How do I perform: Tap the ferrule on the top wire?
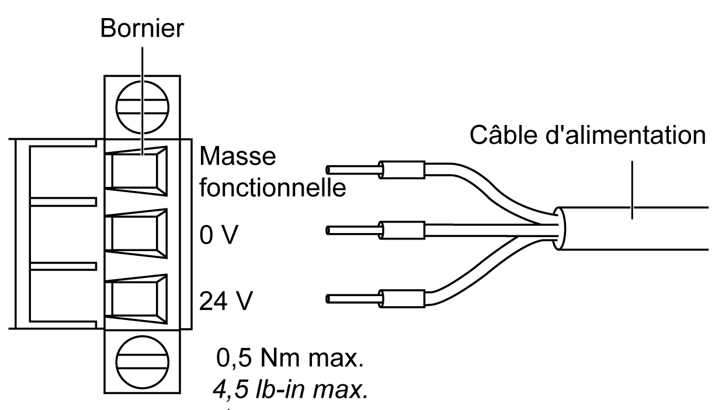pos(402,170)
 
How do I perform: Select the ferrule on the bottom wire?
pos(402,299)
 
